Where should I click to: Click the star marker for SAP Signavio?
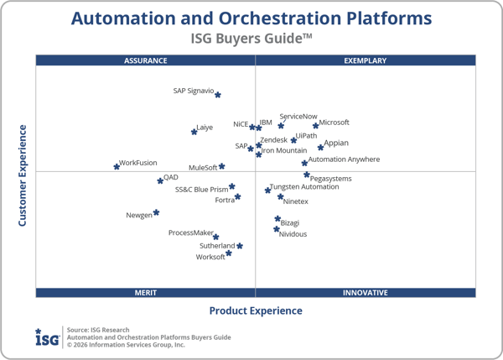click(x=218, y=95)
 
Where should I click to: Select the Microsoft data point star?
click(x=316, y=126)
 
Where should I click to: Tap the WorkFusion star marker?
click(x=117, y=167)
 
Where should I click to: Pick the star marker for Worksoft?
click(x=229, y=253)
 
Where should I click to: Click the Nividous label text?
click(x=293, y=234)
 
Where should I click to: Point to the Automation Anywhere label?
click(x=344, y=159)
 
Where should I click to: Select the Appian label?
click(x=336, y=143)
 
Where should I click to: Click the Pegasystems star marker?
click(x=307, y=175)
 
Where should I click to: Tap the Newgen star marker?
click(x=157, y=212)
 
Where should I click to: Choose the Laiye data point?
click(x=194, y=132)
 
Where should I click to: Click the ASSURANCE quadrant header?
click(x=146, y=60)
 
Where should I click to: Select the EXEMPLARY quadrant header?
click(x=366, y=60)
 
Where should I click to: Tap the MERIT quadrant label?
click(x=146, y=293)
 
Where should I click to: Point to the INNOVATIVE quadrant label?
click(x=366, y=293)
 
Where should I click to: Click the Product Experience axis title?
click(x=256, y=311)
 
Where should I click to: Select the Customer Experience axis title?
click(x=23, y=175)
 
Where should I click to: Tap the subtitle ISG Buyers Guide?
click(x=251, y=38)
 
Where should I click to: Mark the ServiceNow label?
click(x=298, y=117)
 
